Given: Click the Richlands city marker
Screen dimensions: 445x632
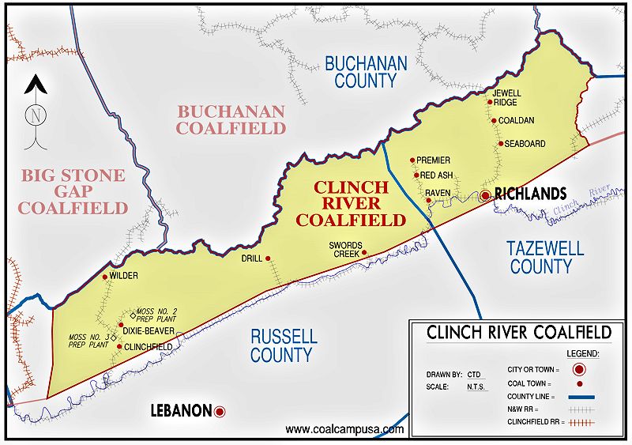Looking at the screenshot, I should [x=486, y=195].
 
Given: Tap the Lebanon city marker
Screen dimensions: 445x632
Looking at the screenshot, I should [x=220, y=411].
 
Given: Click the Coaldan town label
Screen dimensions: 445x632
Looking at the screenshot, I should [x=517, y=120].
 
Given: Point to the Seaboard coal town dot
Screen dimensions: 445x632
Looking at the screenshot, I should [x=500, y=144].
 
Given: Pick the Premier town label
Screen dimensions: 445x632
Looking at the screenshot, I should [x=433, y=160].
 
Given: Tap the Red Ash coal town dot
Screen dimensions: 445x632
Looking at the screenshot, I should [x=416, y=175].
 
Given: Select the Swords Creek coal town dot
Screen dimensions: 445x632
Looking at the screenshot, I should [x=364, y=253].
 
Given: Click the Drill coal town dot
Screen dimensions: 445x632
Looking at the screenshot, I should [x=268, y=258].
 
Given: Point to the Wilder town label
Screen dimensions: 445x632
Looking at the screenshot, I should [x=124, y=277].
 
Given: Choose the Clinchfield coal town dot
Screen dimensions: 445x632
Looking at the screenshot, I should [x=119, y=346].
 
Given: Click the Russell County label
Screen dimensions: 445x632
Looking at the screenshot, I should [x=284, y=345].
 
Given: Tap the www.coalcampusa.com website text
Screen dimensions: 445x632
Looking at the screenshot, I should [x=344, y=429].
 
